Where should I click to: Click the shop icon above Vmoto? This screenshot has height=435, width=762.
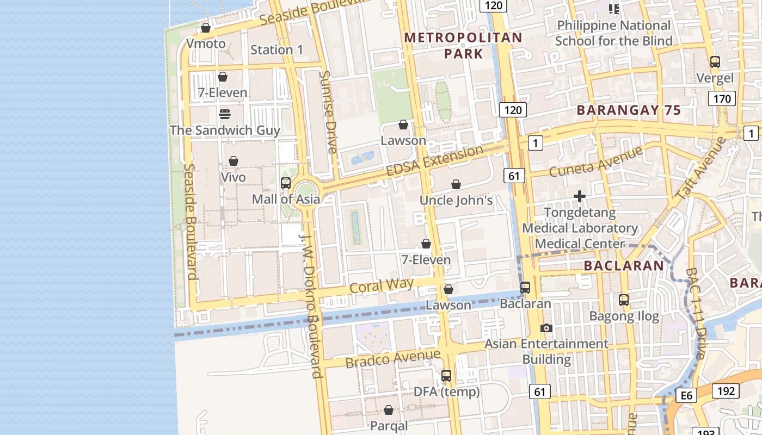[x=206, y=28]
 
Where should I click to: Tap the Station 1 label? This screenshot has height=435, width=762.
[x=276, y=50]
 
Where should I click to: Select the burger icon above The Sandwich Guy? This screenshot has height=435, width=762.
[x=224, y=114]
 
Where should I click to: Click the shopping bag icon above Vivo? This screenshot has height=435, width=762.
[x=233, y=161]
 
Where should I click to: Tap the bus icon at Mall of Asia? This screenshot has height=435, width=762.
[x=286, y=183]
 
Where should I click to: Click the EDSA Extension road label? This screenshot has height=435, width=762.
[x=434, y=160]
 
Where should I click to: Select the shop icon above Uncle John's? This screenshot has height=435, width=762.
[x=456, y=185]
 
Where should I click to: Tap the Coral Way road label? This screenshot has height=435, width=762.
[x=381, y=286]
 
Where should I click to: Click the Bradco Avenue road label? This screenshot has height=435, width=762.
[x=392, y=358]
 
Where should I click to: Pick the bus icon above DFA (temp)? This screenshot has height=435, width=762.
[x=446, y=376]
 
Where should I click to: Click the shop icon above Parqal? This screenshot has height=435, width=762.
[x=389, y=410]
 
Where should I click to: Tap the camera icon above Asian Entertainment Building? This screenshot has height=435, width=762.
[x=546, y=328]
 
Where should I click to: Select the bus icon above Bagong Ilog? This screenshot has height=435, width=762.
[x=624, y=300]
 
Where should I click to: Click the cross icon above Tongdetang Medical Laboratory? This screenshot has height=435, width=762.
[x=580, y=196]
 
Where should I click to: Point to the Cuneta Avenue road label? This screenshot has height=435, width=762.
[x=596, y=161]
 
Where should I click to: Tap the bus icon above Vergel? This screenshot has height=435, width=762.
[x=715, y=62]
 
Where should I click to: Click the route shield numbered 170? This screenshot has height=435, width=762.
[x=722, y=99]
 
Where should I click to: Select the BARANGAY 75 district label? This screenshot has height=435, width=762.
[x=629, y=110]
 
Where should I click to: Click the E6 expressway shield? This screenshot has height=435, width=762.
[x=687, y=395]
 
